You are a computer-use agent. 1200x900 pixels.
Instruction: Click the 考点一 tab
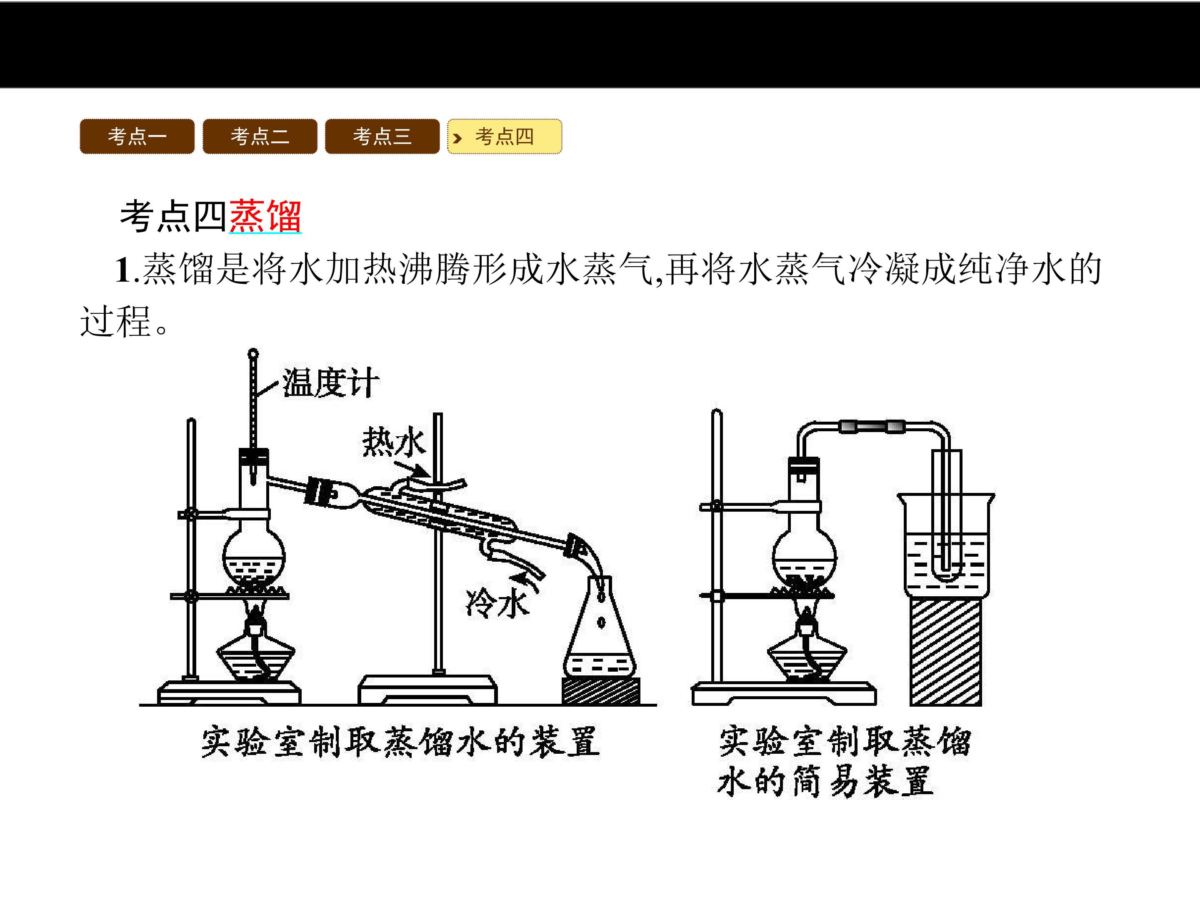[137, 136]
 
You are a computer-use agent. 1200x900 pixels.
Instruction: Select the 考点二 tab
[260, 136]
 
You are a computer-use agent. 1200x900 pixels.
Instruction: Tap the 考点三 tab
[382, 136]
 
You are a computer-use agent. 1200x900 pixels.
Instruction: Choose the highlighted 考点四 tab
[505, 136]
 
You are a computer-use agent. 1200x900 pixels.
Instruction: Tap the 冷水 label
[497, 603]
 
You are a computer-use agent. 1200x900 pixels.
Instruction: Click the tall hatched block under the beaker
[945, 651]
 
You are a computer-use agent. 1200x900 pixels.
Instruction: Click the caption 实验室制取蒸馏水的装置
[401, 742]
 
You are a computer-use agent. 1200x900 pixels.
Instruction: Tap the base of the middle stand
[427, 690]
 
